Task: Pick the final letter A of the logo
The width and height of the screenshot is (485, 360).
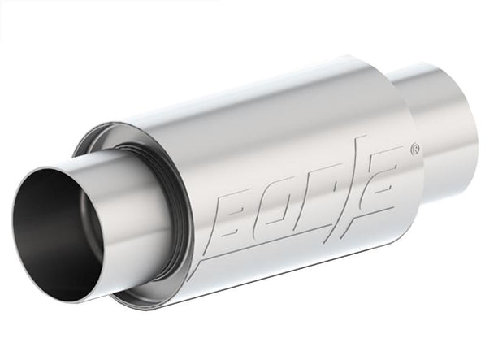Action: [x=381, y=180]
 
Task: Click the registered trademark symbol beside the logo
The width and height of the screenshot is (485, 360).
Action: [x=415, y=150]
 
